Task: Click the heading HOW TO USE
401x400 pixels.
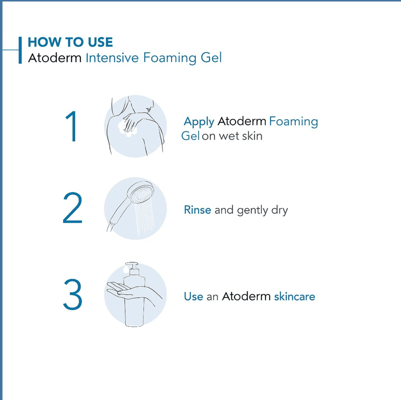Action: point(70,42)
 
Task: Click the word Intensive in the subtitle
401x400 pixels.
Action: point(112,58)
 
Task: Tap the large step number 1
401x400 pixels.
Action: point(72,126)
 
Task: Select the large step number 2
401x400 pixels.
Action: point(73,208)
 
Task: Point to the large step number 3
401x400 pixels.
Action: point(73,294)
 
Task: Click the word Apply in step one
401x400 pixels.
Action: point(199,122)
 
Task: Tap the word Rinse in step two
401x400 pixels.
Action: point(197,210)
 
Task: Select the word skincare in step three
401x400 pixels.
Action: point(295,296)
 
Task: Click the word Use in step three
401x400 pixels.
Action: point(193,296)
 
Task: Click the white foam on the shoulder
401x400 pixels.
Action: point(127,129)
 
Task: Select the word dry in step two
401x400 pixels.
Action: point(280,210)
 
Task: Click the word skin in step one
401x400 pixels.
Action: point(252,136)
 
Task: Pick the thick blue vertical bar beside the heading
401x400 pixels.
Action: point(20,50)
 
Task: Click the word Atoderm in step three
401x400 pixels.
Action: point(246,296)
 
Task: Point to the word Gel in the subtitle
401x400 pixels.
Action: point(211,58)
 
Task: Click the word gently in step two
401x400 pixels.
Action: point(252,211)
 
